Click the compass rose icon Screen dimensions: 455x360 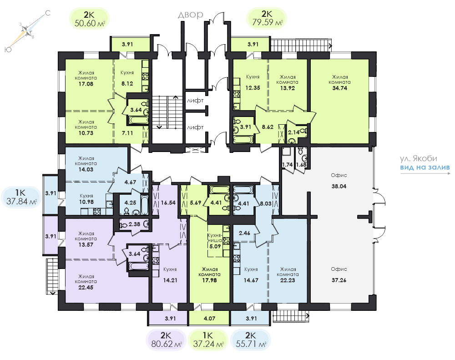pyautogui.click(x=27, y=31)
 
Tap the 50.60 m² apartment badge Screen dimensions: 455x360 pyautogui.click(x=90, y=19)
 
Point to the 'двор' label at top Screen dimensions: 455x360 pyautogui.click(x=190, y=15)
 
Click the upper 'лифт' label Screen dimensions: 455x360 pyautogui.click(x=195, y=101)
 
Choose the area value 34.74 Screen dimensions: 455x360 pyautogui.click(x=339, y=88)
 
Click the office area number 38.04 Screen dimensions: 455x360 pyautogui.click(x=339, y=187)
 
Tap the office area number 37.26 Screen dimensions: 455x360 pyautogui.click(x=339, y=280)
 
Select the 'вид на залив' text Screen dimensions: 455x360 pyautogui.click(x=425, y=167)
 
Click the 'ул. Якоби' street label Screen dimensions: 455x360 pyautogui.click(x=419, y=158)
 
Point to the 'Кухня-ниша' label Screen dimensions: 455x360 pyautogui.click(x=215, y=238)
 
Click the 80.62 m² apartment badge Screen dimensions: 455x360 pyautogui.click(x=166, y=340)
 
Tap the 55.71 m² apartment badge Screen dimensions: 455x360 pyautogui.click(x=251, y=340)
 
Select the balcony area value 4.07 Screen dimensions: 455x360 pyautogui.click(x=209, y=319)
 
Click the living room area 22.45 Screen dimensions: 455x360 pyautogui.click(x=86, y=288)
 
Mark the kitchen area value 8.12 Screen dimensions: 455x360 pyautogui.click(x=127, y=84)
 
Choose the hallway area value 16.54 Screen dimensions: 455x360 pyautogui.click(x=168, y=203)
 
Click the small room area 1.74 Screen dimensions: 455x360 pyautogui.click(x=287, y=165)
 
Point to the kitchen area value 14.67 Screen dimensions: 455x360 pyautogui.click(x=251, y=280)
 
